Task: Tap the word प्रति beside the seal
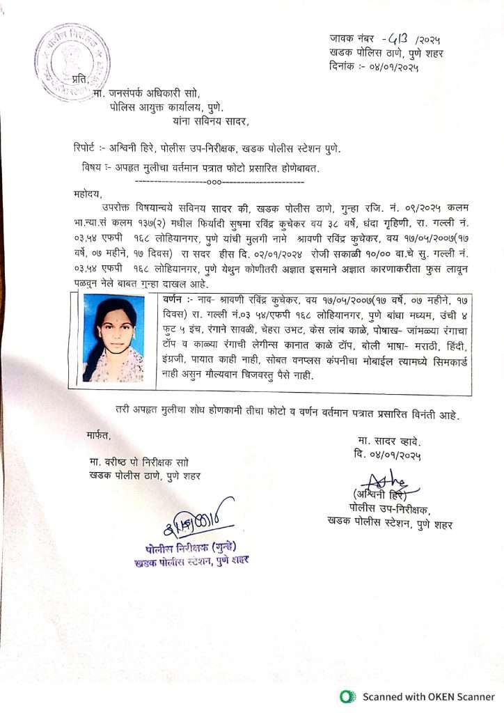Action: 81,80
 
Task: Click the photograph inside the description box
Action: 113,338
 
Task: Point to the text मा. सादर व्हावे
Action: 390,441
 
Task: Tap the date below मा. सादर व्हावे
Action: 387,455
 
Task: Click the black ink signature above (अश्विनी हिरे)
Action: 386,480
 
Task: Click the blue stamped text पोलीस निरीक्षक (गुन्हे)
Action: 194,547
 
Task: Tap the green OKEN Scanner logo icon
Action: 347,696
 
